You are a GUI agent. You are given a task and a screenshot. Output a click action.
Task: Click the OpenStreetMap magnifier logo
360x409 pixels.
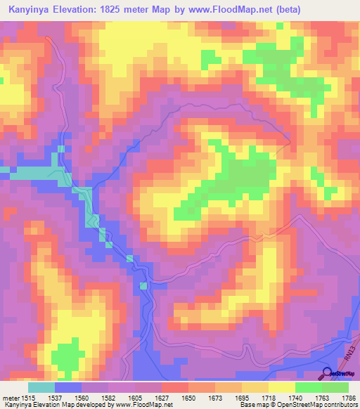(x=326, y=373)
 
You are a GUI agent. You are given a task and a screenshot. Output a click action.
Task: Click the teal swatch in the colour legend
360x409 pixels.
(x=41, y=387)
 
